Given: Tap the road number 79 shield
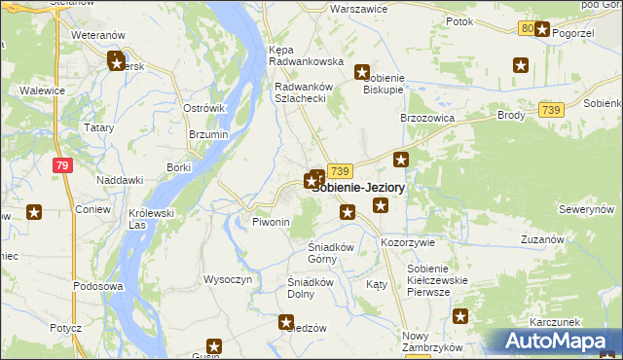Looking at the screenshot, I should click(63, 166).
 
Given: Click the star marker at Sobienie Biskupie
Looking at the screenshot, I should click(362, 72).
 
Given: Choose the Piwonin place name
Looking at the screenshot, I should click(272, 222).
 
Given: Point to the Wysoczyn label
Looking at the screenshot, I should click(228, 279).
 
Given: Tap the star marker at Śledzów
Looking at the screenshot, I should click(287, 321).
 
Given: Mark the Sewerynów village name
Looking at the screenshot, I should click(586, 209).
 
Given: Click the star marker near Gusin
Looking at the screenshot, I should click(214, 344).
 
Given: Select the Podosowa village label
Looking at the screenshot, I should click(98, 287).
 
